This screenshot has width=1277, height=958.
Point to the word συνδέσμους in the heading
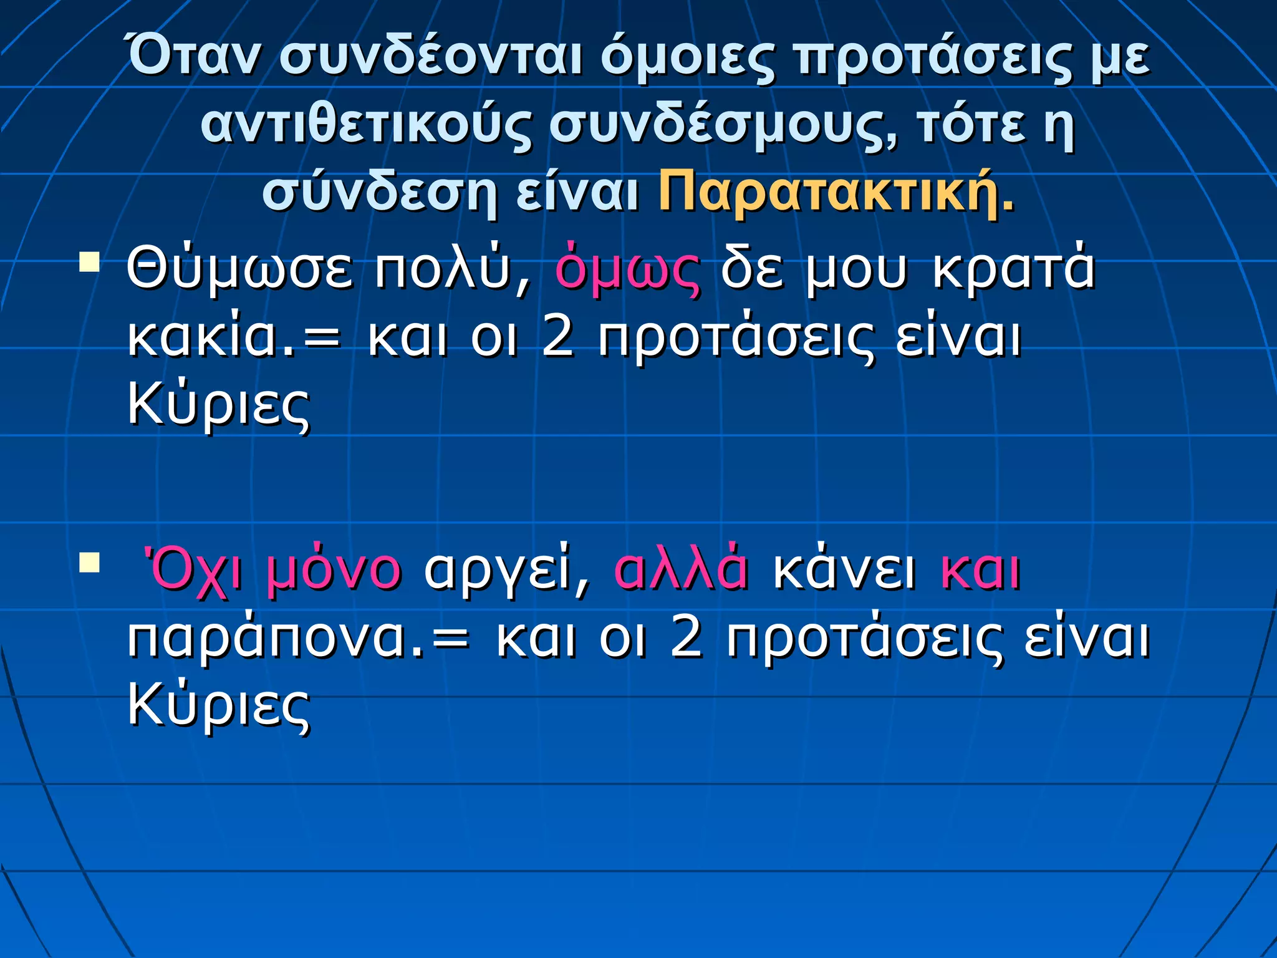[x=723, y=125]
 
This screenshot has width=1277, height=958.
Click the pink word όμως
[x=627, y=270]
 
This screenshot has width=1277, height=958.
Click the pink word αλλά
[x=681, y=571]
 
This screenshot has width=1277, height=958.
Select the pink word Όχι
[x=193, y=571]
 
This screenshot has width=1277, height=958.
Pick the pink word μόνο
[x=334, y=571]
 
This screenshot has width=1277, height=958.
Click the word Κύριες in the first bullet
[x=218, y=405]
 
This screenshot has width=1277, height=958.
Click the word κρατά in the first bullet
[x=1014, y=270]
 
